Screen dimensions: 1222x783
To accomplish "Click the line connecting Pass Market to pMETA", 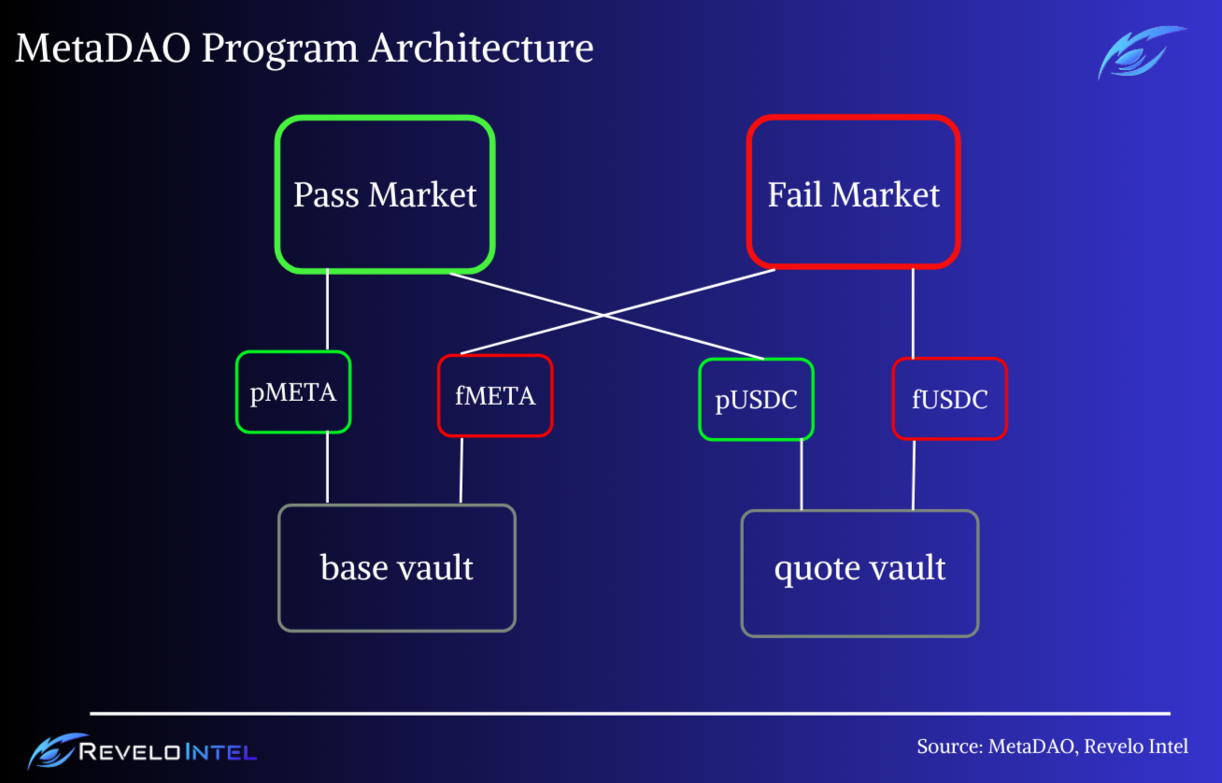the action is point(327,310).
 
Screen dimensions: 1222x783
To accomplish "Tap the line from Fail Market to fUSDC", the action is point(913,313).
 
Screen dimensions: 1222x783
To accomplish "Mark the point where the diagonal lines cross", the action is point(604,315).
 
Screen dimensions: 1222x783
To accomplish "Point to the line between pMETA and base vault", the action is point(327,468).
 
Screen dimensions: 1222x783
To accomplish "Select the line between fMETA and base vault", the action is point(462,470).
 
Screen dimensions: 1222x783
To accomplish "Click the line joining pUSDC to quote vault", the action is point(802,475).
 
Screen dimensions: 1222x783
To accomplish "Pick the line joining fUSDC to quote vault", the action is point(914,475).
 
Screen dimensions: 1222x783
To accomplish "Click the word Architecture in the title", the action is point(481,48).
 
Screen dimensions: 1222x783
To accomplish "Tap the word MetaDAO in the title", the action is point(103,48).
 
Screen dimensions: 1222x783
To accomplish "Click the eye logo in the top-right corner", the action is point(1142,52).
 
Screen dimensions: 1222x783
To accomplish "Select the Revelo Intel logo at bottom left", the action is point(142,751).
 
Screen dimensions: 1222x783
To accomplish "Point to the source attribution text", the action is point(1052,747).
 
